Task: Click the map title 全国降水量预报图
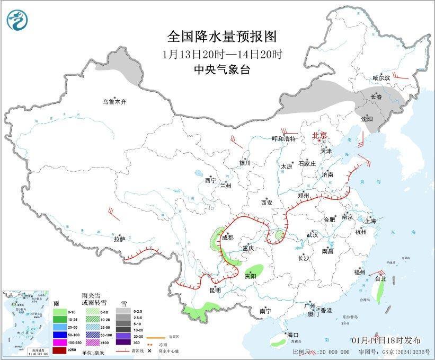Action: click(222, 37)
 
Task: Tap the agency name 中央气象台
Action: click(222, 70)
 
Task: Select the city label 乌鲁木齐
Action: click(115, 102)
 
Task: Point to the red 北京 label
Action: click(319, 135)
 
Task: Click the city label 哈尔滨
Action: click(380, 78)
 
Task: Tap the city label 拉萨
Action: click(119, 239)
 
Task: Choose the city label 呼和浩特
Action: click(283, 138)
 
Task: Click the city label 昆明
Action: click(215, 290)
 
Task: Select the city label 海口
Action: click(293, 335)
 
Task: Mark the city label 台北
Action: click(380, 278)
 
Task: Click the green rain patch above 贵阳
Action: click(258, 269)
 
